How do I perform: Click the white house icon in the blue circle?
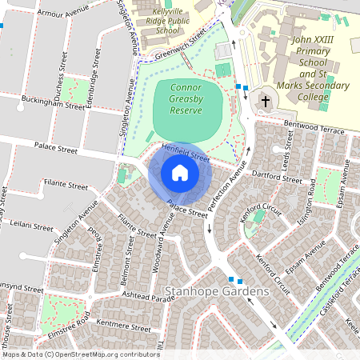click(x=180, y=173)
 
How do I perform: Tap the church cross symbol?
click(x=263, y=102)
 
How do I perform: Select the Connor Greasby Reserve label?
click(x=186, y=98)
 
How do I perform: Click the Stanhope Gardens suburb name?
click(x=217, y=291)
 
